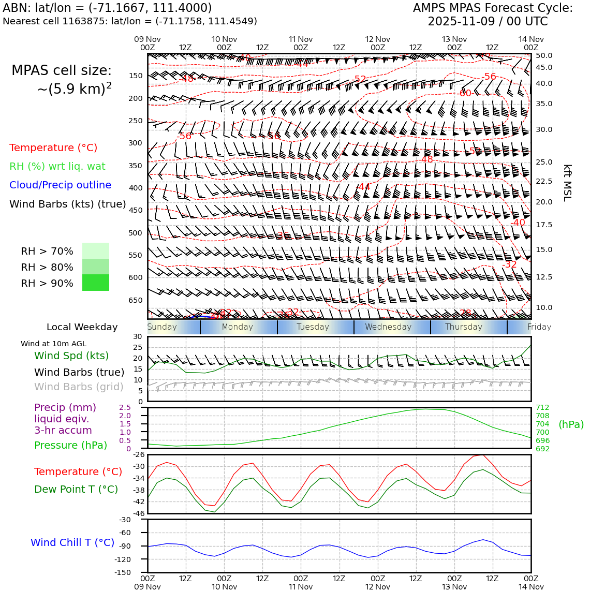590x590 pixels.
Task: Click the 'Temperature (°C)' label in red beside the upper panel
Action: (53, 148)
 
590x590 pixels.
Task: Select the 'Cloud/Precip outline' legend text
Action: (60, 185)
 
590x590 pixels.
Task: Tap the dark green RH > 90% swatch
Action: (96, 283)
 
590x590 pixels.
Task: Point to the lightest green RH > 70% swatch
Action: (96, 250)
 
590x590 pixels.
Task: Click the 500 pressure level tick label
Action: (135, 233)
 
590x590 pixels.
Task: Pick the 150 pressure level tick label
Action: (135, 76)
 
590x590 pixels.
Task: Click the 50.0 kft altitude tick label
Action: (544, 55)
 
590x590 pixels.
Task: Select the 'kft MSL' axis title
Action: (567, 183)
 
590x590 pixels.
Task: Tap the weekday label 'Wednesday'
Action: (388, 327)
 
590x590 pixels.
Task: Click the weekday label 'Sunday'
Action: (162, 327)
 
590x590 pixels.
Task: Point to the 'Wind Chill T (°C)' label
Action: (72, 542)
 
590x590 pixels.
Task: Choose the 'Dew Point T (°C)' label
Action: (76, 489)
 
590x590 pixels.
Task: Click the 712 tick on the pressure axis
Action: (542, 407)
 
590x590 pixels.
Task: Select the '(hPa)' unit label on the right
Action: (571, 424)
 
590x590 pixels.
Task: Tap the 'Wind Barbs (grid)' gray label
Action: (79, 387)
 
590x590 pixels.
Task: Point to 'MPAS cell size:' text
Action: (62, 70)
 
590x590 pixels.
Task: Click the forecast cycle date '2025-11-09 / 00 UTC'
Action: (488, 21)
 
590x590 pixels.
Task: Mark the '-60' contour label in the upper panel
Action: (465, 93)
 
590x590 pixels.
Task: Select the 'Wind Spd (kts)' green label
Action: (71, 356)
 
